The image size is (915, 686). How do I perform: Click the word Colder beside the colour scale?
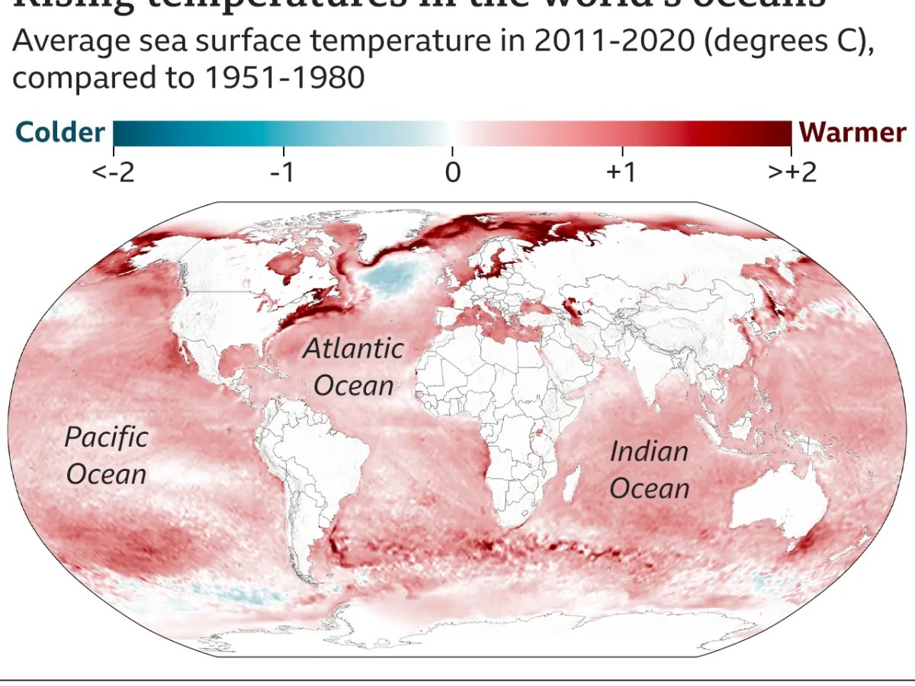click(59, 133)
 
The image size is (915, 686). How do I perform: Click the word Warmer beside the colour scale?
click(852, 133)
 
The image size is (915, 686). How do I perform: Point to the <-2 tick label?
click(113, 172)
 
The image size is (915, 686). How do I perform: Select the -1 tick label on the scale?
click(282, 172)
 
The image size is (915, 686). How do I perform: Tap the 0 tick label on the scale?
click(453, 172)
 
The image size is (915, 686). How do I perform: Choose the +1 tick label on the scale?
click(621, 172)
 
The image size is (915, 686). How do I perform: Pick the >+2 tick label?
click(791, 172)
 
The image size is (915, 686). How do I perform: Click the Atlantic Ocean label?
click(354, 367)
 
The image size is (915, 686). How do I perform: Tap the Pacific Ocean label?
click(106, 455)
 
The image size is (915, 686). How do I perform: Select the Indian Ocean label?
click(650, 470)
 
